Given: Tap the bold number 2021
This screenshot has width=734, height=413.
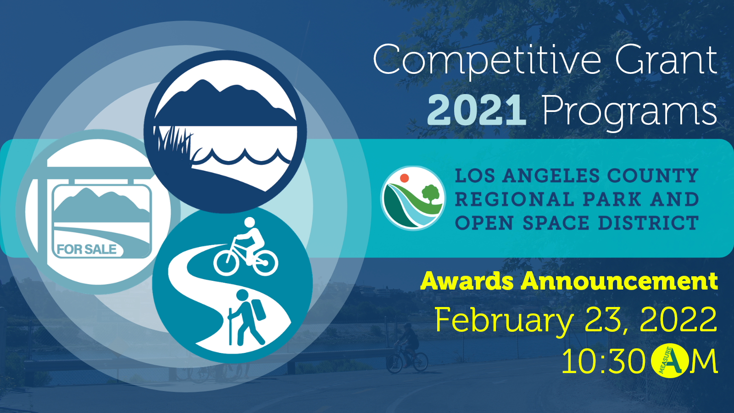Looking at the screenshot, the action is [x=477, y=110].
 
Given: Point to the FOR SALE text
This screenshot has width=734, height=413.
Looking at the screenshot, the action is [x=87, y=250].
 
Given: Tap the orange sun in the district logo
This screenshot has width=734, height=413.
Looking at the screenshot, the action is [x=404, y=178].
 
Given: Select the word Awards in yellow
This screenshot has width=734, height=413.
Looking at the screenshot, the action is [x=467, y=281].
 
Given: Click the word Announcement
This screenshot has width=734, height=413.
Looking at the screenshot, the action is [x=619, y=281].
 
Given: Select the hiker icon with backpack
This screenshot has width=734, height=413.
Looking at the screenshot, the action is [x=247, y=318].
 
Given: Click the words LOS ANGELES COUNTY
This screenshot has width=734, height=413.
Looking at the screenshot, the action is [x=577, y=176].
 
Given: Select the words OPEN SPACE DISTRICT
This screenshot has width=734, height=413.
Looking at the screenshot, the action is [x=577, y=223].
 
